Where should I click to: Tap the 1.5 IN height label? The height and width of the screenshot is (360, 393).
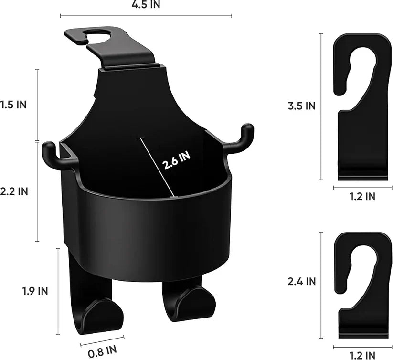(13, 105)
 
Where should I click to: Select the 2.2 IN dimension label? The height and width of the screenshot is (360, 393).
(14, 191)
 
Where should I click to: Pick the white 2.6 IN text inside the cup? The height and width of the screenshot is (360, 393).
(176, 161)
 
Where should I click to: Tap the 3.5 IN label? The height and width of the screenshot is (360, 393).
(301, 106)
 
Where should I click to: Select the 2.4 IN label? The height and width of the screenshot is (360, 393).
(301, 282)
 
